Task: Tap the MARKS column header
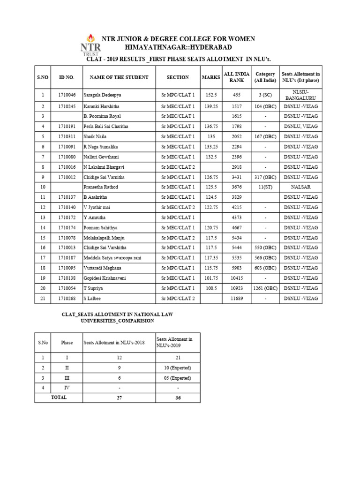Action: point(210,77)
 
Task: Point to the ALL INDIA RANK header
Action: point(237,77)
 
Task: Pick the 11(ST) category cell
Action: point(265,187)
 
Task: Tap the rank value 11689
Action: point(237,298)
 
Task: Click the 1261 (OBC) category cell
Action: point(265,288)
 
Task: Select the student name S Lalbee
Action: point(93,298)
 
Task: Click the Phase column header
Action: point(67,343)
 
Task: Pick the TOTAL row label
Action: point(58,397)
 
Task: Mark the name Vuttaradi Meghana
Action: point(102,268)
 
